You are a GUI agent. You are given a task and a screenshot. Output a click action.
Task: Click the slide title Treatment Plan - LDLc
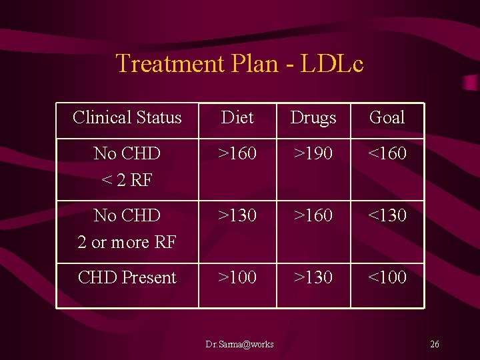pos(239,63)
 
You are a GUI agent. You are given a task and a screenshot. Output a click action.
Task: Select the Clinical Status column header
pos(127,117)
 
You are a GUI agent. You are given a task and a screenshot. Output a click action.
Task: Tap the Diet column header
pos(237,117)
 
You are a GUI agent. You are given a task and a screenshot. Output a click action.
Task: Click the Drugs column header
pos(313,118)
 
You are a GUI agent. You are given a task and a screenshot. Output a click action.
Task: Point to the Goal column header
pos(387,117)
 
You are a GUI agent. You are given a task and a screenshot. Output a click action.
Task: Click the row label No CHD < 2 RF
pos(127,167)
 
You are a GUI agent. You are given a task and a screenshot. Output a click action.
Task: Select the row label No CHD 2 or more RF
pos(127,229)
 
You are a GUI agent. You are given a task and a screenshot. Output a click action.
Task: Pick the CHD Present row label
pos(127,277)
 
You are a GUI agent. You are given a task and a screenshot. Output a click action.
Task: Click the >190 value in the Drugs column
pos(313,153)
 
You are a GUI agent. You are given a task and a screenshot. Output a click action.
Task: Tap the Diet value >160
pos(237,153)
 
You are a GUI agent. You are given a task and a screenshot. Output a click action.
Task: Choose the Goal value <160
pos(387,153)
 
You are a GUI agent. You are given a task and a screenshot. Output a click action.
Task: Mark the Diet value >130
pos(237,215)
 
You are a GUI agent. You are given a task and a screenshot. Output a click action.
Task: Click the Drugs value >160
pos(313,215)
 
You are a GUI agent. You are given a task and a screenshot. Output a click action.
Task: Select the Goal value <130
pos(387,215)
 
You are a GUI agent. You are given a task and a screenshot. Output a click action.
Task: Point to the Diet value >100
pos(237,277)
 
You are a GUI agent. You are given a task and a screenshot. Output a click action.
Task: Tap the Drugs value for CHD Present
pos(313,277)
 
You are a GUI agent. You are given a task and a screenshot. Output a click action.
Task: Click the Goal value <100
pos(387,277)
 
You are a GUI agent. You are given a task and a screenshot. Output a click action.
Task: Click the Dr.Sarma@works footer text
pos(239,345)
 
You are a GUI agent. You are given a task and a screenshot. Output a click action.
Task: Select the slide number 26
pos(435,345)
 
